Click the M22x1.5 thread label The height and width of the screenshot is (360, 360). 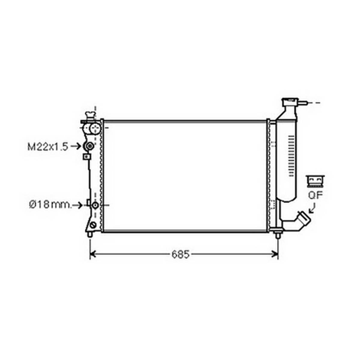[x=48, y=147]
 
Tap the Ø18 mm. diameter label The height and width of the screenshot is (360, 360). [x=50, y=205]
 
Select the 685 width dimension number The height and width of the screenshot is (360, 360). [x=181, y=255]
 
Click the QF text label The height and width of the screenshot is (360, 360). [x=316, y=195]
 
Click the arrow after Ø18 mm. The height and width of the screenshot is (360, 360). [x=78, y=205]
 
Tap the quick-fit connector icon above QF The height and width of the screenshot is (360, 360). [x=315, y=182]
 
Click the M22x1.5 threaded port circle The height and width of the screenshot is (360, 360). [x=89, y=146]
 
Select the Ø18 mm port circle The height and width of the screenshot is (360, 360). [x=95, y=205]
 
